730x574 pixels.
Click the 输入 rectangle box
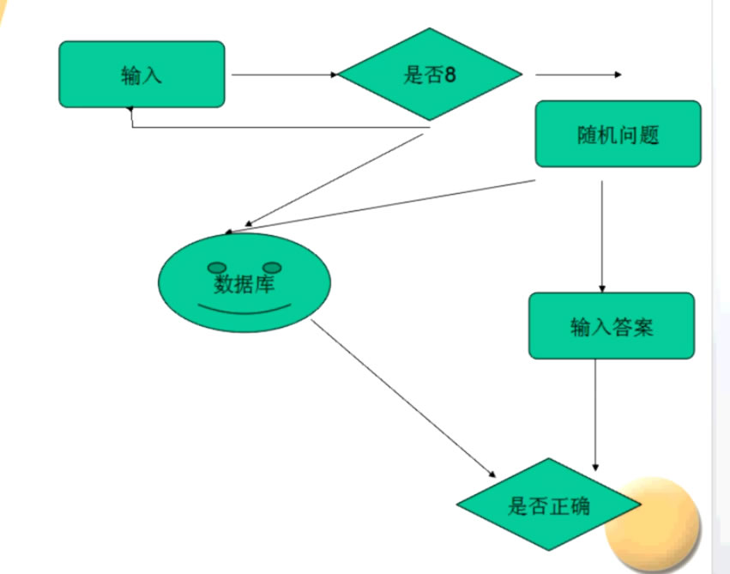[142, 75]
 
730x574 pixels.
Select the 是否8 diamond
[430, 75]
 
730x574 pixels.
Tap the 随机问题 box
[618, 134]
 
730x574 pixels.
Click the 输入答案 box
[611, 326]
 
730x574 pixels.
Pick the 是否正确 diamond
[548, 505]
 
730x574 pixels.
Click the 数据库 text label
[244, 283]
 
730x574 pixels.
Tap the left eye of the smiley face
[219, 268]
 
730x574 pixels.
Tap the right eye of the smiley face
[273, 268]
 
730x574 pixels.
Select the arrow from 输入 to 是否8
[283, 75]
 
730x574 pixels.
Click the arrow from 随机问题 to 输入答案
[601, 236]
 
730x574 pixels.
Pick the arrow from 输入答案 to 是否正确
[595, 412]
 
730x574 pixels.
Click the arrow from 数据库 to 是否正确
[403, 399]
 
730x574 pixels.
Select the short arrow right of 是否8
[579, 75]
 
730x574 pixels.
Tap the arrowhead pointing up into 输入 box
[130, 111]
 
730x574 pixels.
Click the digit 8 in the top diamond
[450, 75]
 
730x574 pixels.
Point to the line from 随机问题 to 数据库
[386, 206]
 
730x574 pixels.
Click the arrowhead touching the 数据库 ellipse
[228, 232]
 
